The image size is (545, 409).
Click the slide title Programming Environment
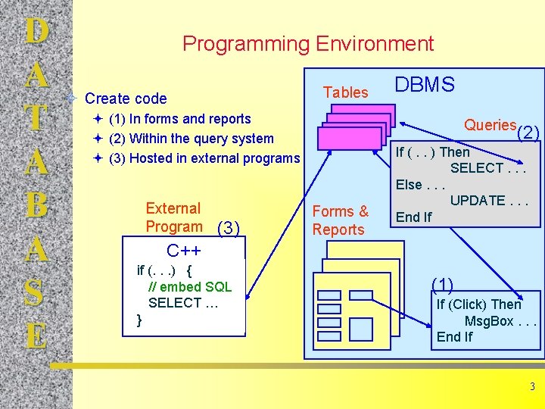coord(308,44)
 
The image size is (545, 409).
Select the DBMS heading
coord(425,85)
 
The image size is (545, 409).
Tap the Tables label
coord(345,92)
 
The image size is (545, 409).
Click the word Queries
coord(490,125)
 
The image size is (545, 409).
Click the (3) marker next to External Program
coord(229,228)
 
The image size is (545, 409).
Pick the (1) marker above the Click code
coord(443,285)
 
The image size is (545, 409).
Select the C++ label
coord(184,251)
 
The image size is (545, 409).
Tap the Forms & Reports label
coord(339,220)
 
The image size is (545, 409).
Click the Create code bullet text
coord(126,98)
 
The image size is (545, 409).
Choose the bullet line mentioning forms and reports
coord(179,119)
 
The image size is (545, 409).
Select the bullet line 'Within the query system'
coord(191,139)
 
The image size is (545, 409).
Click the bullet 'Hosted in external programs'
coord(204,158)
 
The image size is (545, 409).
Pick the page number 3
coord(532,387)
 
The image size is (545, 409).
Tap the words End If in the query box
coord(413,217)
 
